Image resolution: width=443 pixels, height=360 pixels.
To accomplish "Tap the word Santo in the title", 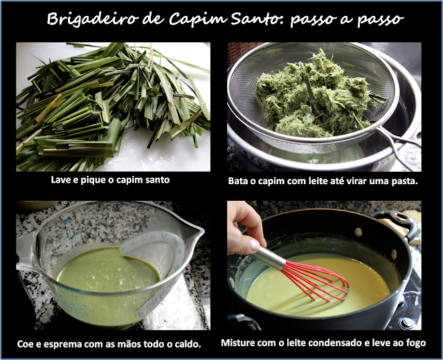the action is (x=256, y=19).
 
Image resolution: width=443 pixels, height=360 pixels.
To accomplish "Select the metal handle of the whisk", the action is (x=267, y=258).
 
